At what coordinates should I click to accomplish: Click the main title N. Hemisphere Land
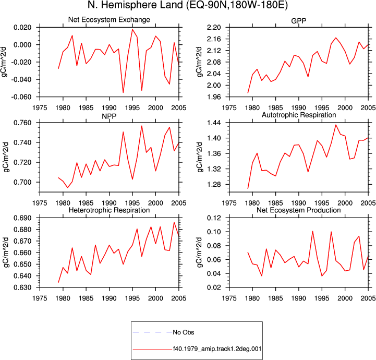click(x=135, y=5)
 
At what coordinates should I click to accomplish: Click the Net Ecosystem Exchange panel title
click(x=109, y=20)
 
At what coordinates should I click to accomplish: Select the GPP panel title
click(x=298, y=21)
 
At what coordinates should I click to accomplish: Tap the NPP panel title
click(x=109, y=116)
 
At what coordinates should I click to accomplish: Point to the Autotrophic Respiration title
click(x=299, y=115)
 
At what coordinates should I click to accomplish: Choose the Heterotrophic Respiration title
click(x=109, y=210)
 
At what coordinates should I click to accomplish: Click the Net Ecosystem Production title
click(x=298, y=210)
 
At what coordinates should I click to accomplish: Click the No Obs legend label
click(x=184, y=332)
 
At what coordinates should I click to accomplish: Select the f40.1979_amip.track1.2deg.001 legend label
click(x=217, y=349)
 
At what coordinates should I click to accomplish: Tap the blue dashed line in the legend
click(x=152, y=332)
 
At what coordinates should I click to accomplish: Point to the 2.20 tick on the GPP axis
click(x=214, y=27)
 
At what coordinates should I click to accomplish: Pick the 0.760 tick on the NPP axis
click(x=22, y=123)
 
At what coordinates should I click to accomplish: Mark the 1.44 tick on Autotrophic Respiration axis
click(x=214, y=123)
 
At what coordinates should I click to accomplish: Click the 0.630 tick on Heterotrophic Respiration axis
click(x=22, y=287)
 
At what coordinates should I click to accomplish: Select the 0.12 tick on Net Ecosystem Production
click(x=214, y=218)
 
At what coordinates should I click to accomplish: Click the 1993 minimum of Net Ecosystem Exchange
click(x=123, y=92)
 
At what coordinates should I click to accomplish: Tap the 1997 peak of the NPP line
click(x=142, y=126)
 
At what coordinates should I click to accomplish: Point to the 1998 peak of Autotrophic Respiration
click(x=336, y=125)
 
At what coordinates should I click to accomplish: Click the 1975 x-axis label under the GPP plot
click(x=229, y=107)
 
